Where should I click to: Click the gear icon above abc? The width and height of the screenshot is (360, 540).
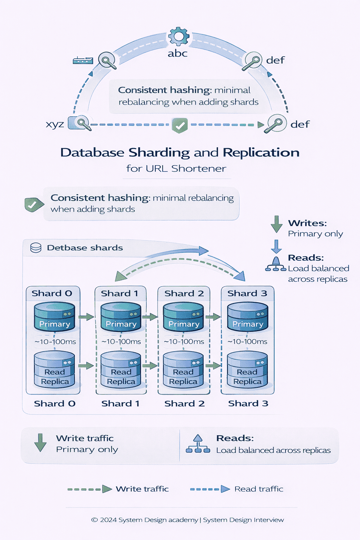tap(179, 36)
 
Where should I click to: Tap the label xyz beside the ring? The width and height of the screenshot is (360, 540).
tap(55, 124)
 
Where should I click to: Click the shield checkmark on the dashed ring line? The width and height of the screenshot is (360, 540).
tap(180, 125)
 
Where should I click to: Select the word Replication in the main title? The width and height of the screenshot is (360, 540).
tap(261, 153)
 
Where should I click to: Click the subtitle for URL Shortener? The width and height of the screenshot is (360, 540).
tap(176, 168)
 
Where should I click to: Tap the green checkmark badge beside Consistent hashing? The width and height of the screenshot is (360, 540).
tap(33, 205)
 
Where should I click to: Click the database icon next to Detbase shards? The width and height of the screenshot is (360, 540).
tap(36, 248)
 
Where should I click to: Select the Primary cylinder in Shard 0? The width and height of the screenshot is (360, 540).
tap(54, 317)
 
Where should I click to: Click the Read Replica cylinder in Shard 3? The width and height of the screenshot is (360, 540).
tap(247, 370)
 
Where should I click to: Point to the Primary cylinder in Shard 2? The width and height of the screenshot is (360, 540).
tap(184, 317)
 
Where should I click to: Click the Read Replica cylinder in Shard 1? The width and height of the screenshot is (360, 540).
tap(121, 370)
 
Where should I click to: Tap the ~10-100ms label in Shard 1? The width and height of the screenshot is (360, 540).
tap(121, 342)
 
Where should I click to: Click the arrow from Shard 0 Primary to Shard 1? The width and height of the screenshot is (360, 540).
tap(86, 317)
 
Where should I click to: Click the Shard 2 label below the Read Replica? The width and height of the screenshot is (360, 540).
tap(184, 404)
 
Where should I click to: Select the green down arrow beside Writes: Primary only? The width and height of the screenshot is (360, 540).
tap(276, 224)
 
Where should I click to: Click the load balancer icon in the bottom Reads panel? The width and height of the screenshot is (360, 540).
tap(198, 444)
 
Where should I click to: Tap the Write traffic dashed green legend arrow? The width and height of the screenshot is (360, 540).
tap(90, 489)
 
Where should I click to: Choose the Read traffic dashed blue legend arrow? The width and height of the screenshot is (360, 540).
tap(210, 489)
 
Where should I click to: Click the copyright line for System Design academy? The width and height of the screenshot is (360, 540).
tap(187, 520)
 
